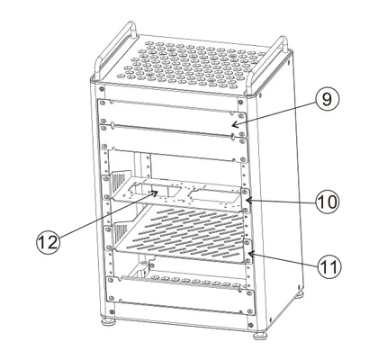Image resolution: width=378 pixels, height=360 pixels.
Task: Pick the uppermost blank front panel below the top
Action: (x=171, y=110)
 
